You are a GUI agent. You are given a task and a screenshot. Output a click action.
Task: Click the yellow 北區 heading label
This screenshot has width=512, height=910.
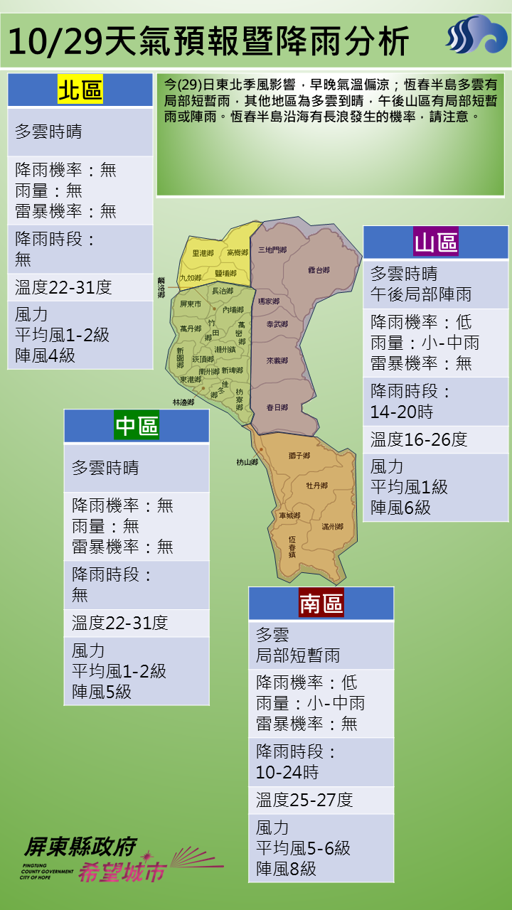(80, 91)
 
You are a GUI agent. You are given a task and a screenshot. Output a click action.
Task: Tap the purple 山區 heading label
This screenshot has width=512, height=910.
(436, 243)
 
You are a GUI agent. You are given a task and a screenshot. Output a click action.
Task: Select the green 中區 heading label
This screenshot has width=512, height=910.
(137, 426)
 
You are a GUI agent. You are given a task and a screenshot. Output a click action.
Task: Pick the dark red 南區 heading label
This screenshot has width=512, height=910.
(321, 604)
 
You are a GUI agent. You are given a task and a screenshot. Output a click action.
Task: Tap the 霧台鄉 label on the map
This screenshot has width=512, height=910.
(319, 270)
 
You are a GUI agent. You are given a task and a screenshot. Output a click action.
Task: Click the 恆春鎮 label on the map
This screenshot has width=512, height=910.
(292, 545)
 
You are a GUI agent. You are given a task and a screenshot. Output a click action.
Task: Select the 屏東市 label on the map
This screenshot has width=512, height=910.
(191, 304)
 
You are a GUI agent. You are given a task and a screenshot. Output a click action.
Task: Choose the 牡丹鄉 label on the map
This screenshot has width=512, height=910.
(316, 486)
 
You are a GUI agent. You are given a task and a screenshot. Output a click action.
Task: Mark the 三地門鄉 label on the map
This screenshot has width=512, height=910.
(272, 250)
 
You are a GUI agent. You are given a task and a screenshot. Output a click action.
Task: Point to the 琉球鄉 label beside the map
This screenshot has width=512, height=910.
(161, 288)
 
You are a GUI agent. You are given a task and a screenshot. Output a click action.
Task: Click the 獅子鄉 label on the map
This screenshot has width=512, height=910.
(299, 455)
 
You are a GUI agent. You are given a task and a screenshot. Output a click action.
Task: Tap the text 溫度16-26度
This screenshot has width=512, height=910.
(419, 439)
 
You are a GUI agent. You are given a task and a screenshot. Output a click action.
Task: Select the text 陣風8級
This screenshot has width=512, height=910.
(286, 868)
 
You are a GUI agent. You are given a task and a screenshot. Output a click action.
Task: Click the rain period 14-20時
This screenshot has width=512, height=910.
(402, 412)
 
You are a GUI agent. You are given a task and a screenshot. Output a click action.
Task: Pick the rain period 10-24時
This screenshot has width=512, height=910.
(287, 772)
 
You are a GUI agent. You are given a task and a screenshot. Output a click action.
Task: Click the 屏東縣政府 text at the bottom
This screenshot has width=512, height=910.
(80, 846)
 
